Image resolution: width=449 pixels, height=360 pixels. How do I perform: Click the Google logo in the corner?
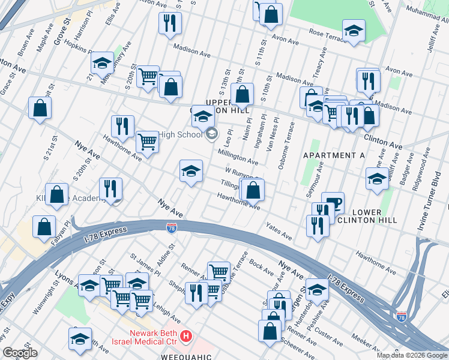[20, 353]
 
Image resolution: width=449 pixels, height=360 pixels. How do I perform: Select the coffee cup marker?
[333, 202]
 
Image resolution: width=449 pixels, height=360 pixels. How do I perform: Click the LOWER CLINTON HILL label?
[375, 216]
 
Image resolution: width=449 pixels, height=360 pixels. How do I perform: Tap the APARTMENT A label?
[334, 155]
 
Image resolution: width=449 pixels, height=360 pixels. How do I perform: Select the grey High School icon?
[211, 134]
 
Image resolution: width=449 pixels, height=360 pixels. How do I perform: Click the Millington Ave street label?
[238, 158]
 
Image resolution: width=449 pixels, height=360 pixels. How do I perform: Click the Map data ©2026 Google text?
[411, 355]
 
